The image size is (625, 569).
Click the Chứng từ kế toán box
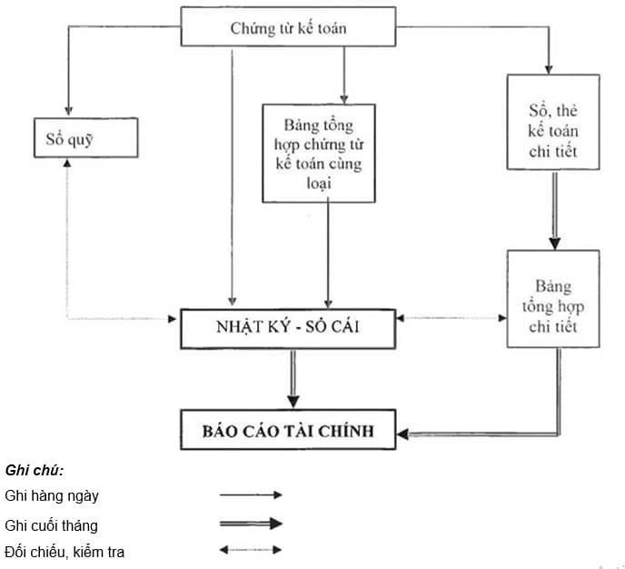point(289,26)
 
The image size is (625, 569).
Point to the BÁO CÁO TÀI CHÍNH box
point(289,429)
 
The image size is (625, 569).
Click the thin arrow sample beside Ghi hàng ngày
point(251,495)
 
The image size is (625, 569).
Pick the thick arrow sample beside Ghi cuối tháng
point(251,524)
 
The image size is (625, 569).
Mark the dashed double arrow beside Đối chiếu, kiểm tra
point(251,550)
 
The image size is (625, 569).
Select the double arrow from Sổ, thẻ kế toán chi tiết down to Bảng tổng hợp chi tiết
point(552,209)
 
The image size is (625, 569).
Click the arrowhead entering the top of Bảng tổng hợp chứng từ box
point(344,96)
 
